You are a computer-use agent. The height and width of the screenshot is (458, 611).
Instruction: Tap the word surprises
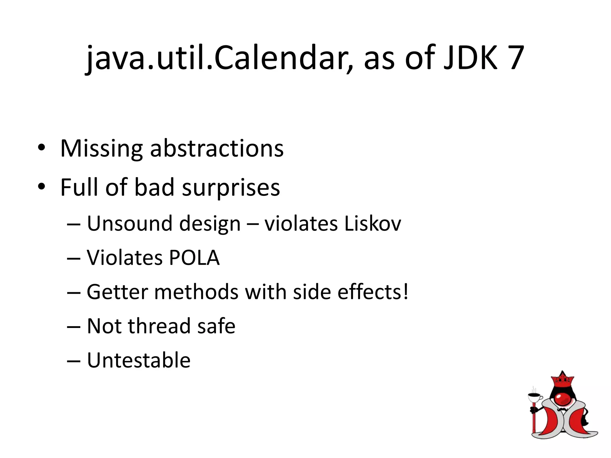tap(231, 188)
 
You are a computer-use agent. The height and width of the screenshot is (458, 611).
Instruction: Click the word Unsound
tap(129, 223)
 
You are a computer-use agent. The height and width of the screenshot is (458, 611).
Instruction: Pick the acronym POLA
tap(194, 258)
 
